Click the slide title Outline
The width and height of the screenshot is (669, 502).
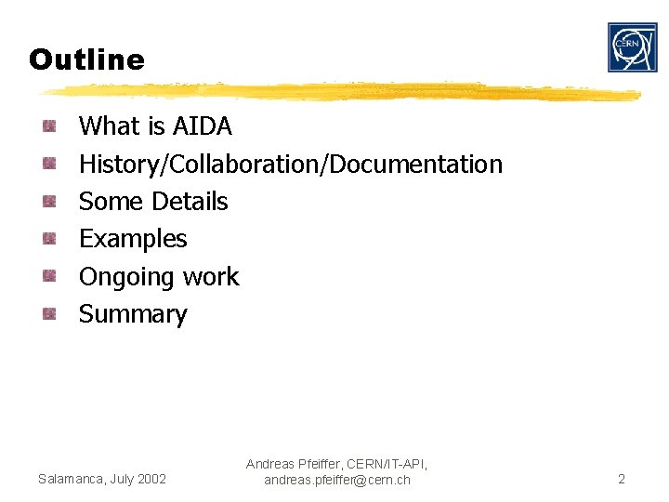click(86, 60)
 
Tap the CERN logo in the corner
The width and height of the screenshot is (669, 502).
click(632, 47)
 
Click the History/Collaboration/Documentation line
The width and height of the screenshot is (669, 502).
click(290, 165)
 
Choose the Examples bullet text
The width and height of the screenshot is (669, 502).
click(133, 239)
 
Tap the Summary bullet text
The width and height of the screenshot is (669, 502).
click(133, 314)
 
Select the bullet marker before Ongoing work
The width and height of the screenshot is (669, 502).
click(50, 276)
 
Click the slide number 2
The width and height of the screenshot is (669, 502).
click(622, 480)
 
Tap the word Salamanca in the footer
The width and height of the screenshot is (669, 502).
click(70, 480)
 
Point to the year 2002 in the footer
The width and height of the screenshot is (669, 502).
click(151, 480)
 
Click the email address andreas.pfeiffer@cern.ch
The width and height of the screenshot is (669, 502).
click(336, 481)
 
